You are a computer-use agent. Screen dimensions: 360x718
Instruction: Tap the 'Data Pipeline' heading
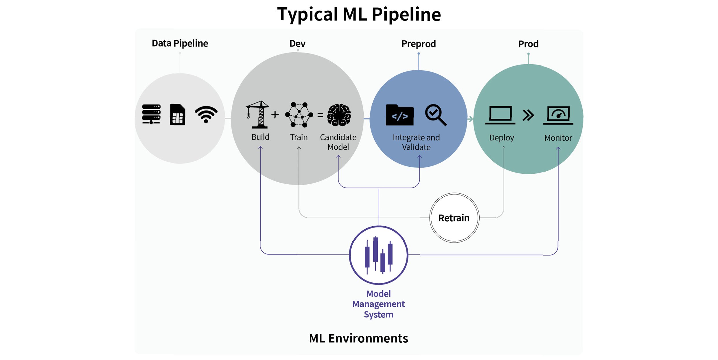(x=180, y=43)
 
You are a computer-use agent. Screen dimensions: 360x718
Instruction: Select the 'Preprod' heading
(x=418, y=44)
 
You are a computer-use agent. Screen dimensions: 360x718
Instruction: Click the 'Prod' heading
(x=528, y=44)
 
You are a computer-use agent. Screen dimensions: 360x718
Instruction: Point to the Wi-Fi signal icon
(x=206, y=114)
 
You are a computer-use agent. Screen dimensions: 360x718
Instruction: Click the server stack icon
(x=151, y=114)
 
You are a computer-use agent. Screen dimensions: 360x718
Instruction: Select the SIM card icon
(x=177, y=114)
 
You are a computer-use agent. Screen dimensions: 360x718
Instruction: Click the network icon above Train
(x=299, y=115)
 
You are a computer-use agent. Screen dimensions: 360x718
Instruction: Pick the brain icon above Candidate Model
(x=339, y=115)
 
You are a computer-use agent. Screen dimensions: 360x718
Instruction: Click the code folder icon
(x=399, y=115)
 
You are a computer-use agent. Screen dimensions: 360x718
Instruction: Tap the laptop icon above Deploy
(x=500, y=115)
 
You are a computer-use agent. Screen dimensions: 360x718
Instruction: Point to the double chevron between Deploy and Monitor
(x=528, y=115)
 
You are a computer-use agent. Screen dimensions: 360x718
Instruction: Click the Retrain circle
(x=454, y=218)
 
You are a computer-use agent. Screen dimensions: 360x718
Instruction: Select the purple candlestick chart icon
(x=378, y=255)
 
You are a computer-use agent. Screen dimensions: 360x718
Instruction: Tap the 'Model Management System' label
(x=378, y=304)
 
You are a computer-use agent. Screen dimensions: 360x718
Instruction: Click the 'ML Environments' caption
(x=358, y=338)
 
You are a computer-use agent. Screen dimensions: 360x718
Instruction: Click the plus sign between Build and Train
(x=275, y=115)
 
